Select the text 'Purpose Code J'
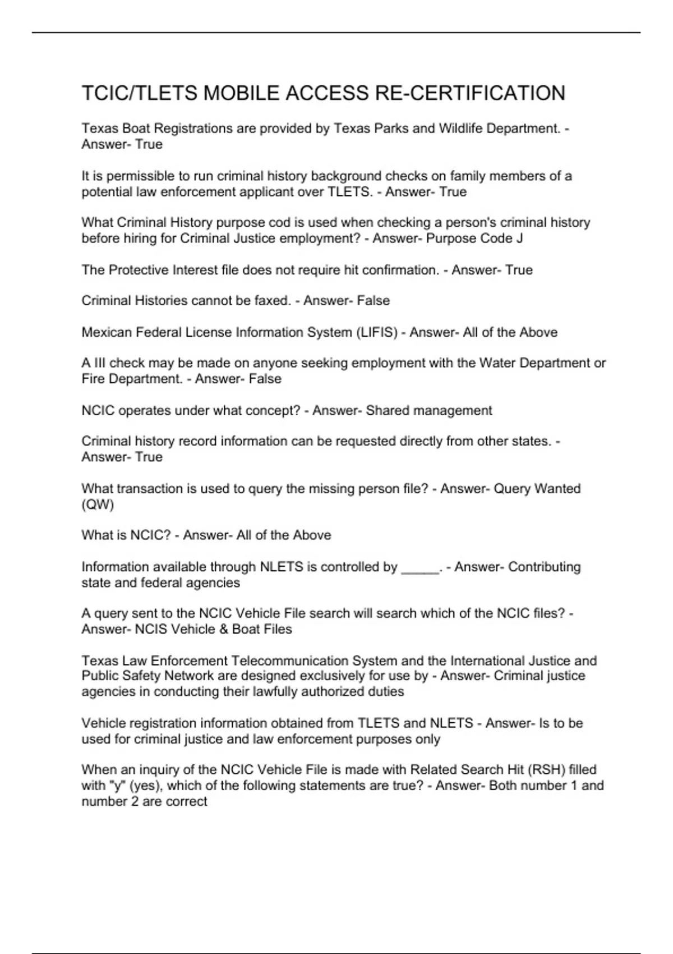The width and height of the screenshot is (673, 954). (x=474, y=238)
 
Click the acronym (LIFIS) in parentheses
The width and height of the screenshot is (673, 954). (x=376, y=332)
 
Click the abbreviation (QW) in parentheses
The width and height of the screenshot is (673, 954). (x=98, y=504)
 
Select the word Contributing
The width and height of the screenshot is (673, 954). (x=544, y=567)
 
